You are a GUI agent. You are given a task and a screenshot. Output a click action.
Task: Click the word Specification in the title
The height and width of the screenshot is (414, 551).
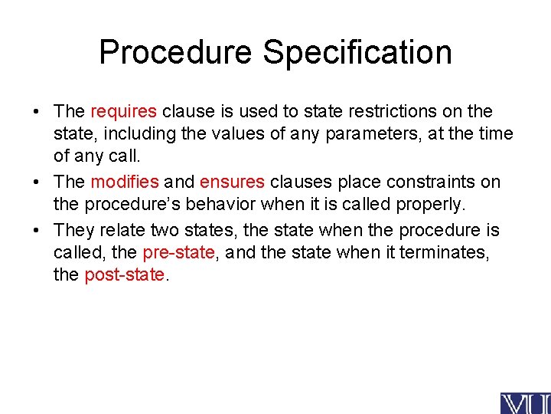pos(357,52)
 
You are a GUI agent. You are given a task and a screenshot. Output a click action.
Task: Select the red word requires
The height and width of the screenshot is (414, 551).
pos(124,112)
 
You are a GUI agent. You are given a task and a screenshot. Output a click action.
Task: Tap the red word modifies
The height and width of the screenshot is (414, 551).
pos(125,182)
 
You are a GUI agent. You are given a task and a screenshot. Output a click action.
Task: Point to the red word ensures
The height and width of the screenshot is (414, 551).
pos(232,182)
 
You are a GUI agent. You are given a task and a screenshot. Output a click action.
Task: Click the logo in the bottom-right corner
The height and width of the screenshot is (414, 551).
pos(525,402)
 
